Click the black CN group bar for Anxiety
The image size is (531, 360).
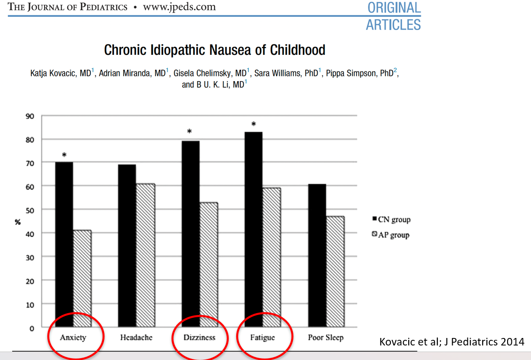(x=64, y=244)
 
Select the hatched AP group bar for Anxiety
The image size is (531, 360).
(x=82, y=278)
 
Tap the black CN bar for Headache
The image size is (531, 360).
(x=127, y=246)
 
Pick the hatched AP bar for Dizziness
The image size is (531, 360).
(x=209, y=264)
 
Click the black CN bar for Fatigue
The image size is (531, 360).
(x=254, y=229)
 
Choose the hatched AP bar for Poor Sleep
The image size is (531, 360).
(x=335, y=271)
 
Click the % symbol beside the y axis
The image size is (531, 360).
(x=18, y=222)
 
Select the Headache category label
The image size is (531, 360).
(x=136, y=337)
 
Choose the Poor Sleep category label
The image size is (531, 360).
(x=326, y=337)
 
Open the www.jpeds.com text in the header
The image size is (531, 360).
(x=179, y=7)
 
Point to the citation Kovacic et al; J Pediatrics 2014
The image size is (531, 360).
(x=451, y=342)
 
